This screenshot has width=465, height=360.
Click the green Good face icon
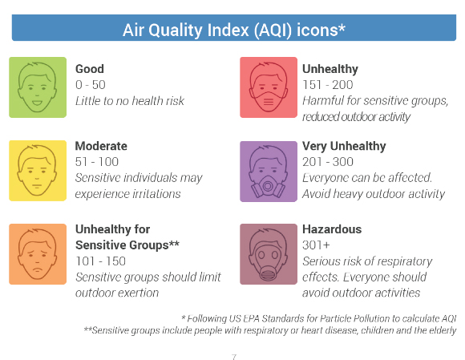(38, 87)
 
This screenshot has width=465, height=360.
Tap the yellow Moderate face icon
(38, 171)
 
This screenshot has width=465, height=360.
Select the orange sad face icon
(38, 254)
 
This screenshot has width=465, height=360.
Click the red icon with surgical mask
(269, 87)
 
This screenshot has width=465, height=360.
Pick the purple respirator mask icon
(269, 172)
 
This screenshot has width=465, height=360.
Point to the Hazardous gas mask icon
(269, 254)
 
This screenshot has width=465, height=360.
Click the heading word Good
(90, 69)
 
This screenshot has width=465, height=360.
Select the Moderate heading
(101, 146)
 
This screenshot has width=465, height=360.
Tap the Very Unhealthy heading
(344, 146)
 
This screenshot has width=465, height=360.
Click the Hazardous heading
(332, 229)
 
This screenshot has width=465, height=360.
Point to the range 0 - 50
(91, 85)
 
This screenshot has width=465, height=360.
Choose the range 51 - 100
(97, 162)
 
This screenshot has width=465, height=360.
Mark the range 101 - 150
(100, 261)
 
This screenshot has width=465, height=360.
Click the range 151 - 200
(328, 85)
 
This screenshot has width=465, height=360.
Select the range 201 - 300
(328, 162)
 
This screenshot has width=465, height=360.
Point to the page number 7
(234, 357)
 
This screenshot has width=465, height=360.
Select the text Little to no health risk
(130, 101)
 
